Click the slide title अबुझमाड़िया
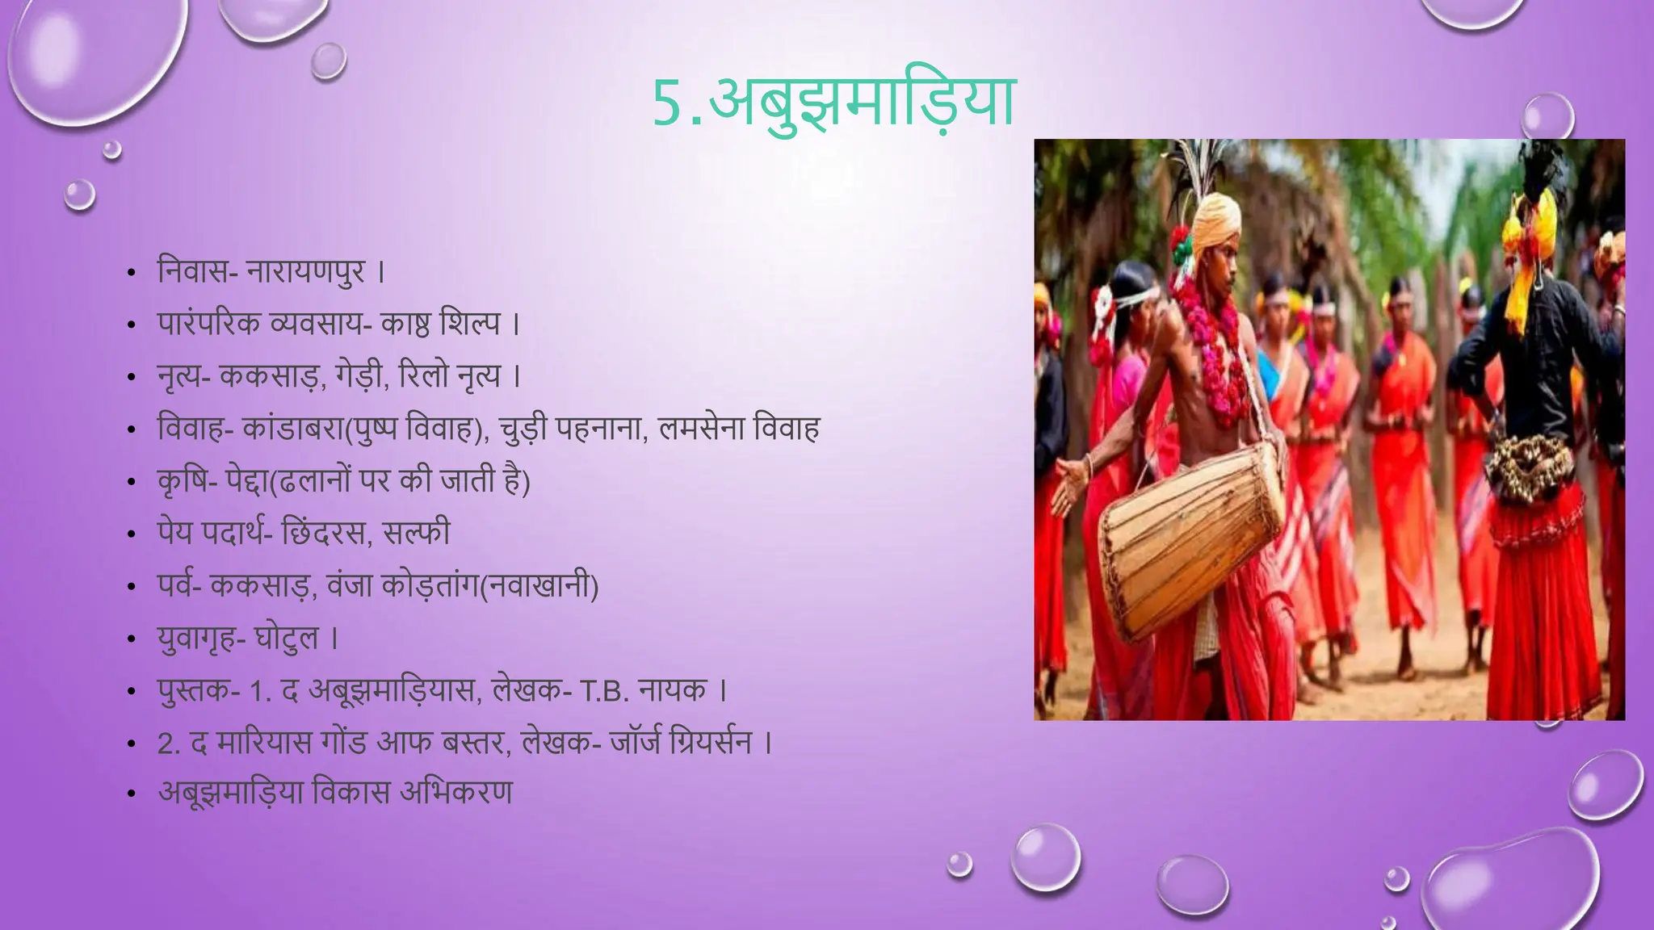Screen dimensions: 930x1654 (862, 103)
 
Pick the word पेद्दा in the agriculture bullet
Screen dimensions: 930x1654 (246, 481)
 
